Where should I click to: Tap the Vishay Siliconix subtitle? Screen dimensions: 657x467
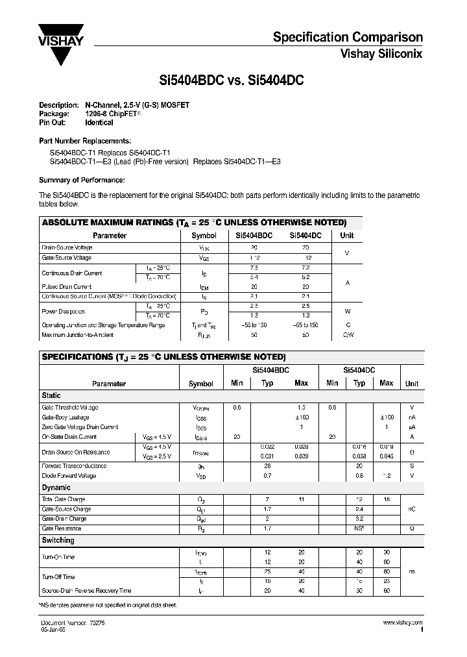[x=381, y=55]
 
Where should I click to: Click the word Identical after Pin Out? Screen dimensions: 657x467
[x=99, y=123]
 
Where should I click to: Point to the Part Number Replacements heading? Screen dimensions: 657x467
[x=84, y=141]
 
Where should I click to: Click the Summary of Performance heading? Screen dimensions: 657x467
[x=82, y=180]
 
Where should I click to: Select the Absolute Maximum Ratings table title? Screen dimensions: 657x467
[x=194, y=222]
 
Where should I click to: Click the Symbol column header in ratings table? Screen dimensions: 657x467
[x=204, y=236]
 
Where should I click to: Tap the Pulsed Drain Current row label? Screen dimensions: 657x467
[x=66, y=286]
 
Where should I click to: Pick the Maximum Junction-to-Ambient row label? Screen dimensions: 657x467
[x=77, y=335]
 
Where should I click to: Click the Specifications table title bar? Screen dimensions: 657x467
[x=163, y=357]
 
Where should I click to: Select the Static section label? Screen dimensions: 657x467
[x=52, y=395]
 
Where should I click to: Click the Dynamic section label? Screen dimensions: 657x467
[x=56, y=487]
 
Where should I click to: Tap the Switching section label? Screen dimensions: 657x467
[x=58, y=540]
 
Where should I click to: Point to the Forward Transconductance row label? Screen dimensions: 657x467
[x=74, y=466]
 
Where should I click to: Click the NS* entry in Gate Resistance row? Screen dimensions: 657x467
[x=359, y=529]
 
